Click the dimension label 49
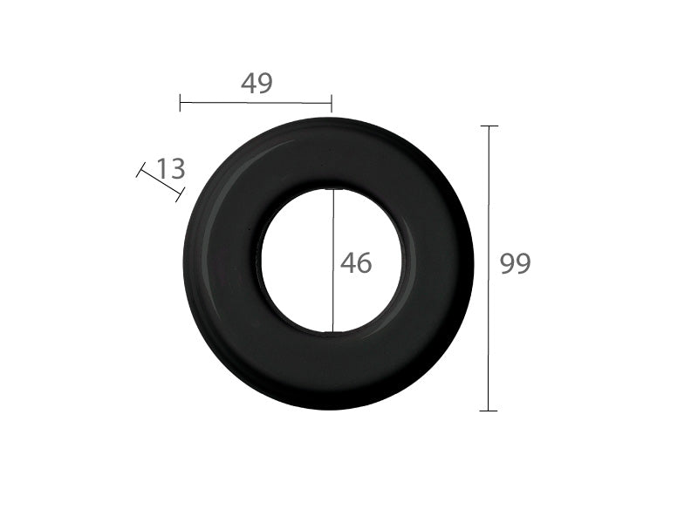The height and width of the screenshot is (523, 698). point(257,83)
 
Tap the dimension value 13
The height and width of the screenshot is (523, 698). point(171,169)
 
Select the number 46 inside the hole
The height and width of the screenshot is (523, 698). point(356,263)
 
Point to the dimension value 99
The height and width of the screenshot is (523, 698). point(515,263)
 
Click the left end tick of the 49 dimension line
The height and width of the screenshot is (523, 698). point(180,103)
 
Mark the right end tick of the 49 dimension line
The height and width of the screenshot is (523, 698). point(332,103)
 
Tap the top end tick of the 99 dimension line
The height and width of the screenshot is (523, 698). point(489,126)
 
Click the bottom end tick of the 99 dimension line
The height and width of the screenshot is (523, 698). point(489,411)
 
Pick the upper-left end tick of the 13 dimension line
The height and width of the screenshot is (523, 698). point(140,170)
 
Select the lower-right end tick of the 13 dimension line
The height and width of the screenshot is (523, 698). point(180,194)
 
